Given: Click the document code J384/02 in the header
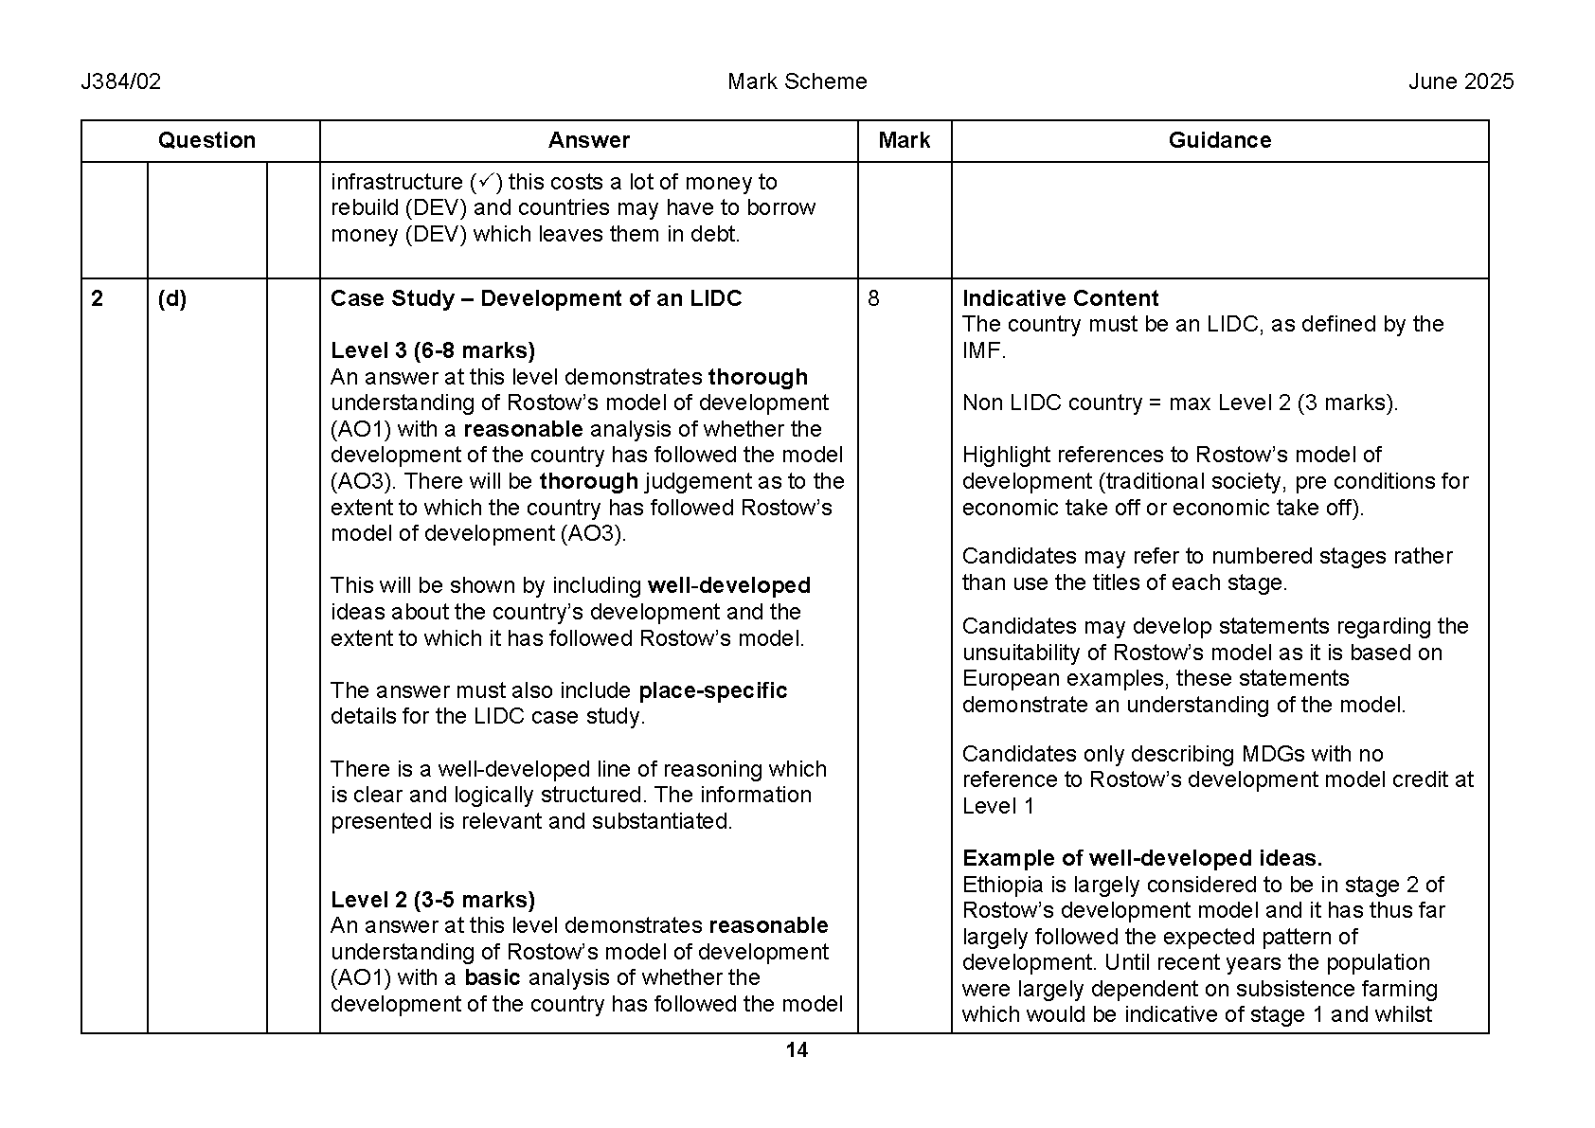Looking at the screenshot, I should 121,81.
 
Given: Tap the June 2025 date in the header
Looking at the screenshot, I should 1461,81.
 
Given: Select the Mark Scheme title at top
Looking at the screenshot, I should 797,81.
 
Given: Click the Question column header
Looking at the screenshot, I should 206,140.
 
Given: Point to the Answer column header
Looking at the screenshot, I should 588,140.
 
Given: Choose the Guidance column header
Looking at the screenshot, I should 1219,140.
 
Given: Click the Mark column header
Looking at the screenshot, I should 904,140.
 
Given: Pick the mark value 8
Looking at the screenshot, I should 873,298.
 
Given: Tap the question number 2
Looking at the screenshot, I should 98,298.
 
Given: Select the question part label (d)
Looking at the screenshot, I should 171,298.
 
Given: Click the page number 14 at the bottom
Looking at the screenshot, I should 797,1049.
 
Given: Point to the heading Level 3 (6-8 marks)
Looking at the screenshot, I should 433,350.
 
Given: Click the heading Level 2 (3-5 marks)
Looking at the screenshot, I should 433,899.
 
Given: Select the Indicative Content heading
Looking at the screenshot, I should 1060,298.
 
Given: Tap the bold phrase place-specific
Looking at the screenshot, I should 712,690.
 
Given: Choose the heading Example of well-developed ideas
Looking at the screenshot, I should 1141,858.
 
